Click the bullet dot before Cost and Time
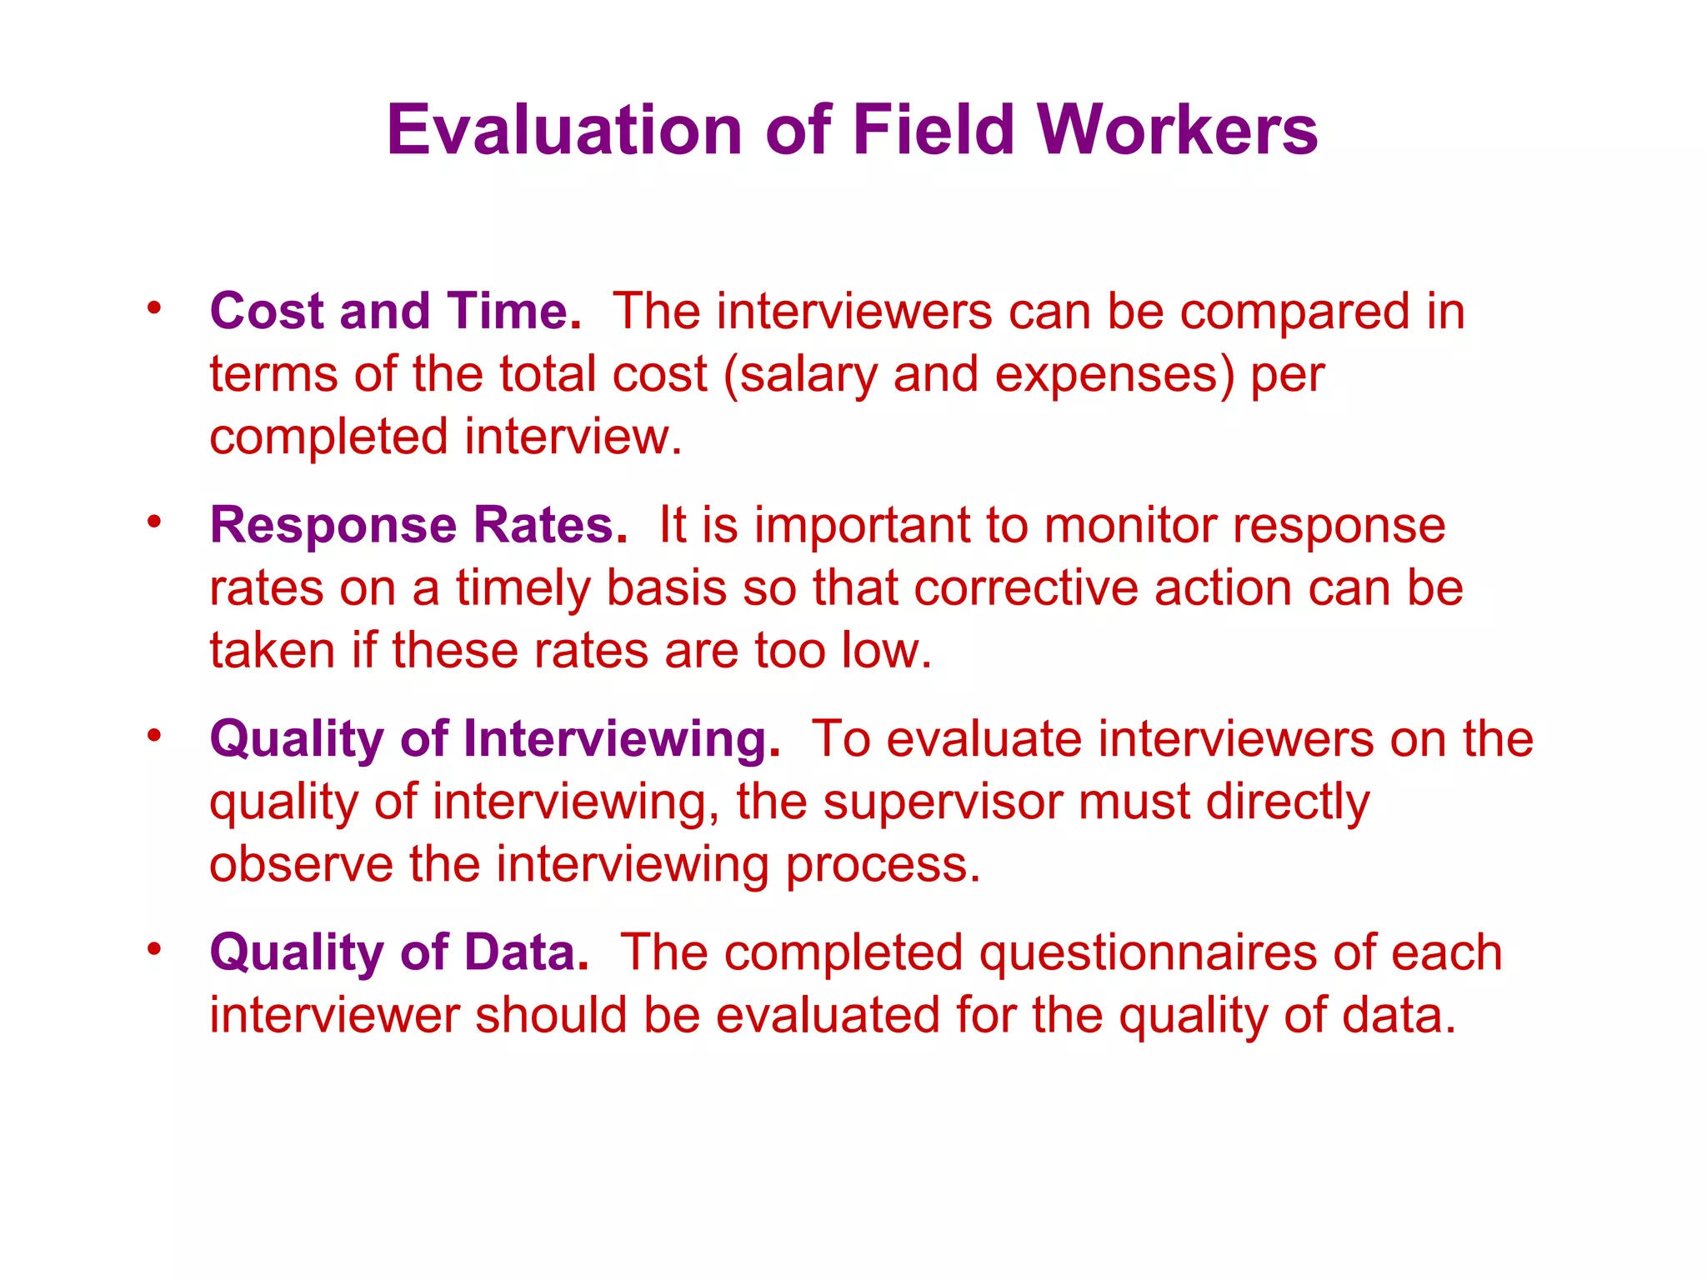153,309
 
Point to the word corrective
1026,588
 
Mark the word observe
301,865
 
